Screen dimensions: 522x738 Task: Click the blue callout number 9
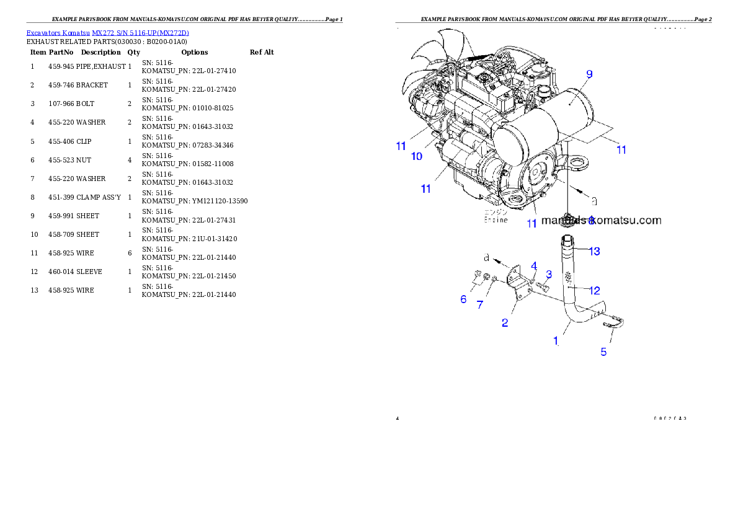tap(589, 74)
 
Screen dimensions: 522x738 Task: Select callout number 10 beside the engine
tap(417, 156)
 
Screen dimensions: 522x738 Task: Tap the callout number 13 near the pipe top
tap(594, 251)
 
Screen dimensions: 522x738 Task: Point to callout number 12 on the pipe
tap(594, 290)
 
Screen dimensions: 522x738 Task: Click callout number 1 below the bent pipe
tap(556, 340)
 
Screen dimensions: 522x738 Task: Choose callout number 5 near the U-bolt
tap(603, 352)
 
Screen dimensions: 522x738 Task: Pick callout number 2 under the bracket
tap(505, 322)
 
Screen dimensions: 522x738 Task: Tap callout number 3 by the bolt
tap(549, 274)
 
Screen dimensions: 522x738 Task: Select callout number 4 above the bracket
tap(533, 266)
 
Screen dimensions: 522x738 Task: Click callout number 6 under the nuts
tap(463, 299)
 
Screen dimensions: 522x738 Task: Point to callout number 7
tap(479, 304)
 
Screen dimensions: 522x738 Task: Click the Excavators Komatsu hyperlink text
tap(107, 33)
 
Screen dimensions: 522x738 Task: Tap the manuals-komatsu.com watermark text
tap(601, 220)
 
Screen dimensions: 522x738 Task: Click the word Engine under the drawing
tap(496, 219)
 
